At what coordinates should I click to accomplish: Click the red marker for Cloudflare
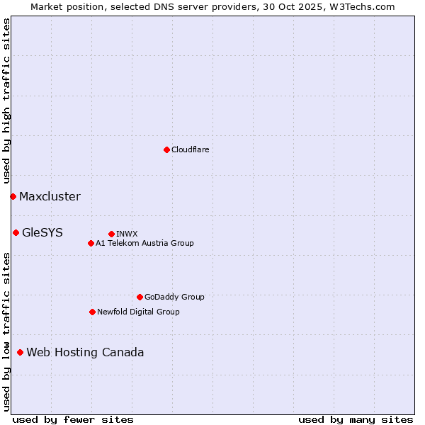[166, 149]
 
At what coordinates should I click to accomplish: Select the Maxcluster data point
[13, 196]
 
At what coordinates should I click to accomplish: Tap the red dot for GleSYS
[16, 232]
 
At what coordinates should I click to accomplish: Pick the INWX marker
[111, 234]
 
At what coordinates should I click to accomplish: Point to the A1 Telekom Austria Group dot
[91, 243]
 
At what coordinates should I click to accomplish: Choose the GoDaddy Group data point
[140, 297]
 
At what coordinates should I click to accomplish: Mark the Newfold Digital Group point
[92, 312]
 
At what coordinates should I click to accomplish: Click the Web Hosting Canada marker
[20, 352]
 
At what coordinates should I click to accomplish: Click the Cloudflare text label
[190, 149]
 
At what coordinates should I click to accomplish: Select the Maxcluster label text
[50, 197]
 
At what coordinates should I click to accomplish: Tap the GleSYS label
[42, 232]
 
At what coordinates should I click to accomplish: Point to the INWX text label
[127, 234]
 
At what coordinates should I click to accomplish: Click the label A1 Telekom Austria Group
[144, 243]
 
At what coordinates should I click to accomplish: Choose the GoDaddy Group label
[174, 297]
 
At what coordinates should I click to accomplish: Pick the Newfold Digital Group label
[138, 312]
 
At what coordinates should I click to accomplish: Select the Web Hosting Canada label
[85, 353]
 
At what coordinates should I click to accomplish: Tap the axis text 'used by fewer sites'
[73, 419]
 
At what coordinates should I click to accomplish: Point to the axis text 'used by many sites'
[356, 419]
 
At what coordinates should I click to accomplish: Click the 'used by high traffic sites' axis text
[6, 101]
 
